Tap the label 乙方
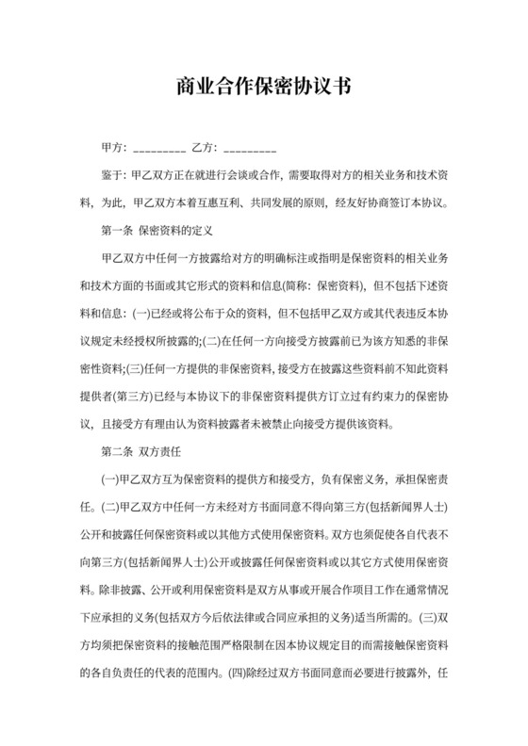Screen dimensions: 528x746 [204, 149]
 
